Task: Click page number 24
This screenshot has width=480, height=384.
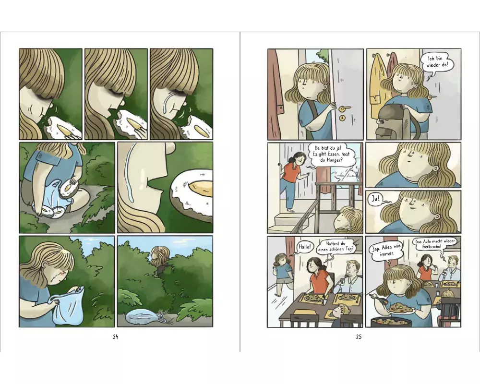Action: point(115,337)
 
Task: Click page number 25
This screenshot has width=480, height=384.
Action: point(359,337)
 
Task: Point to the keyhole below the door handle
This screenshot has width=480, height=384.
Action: point(341,118)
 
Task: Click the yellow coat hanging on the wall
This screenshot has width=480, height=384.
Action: point(376,86)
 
